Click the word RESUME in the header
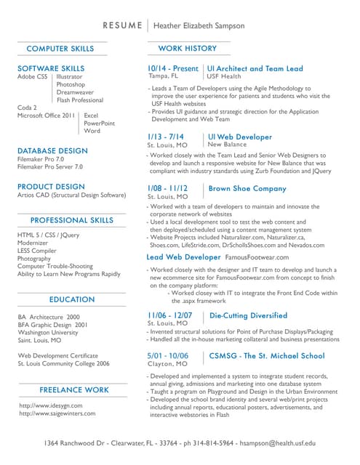tap(123, 25)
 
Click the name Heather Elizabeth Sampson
tap(198, 25)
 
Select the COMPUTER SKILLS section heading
tap(60, 49)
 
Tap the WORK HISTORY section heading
tap(187, 49)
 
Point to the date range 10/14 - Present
tap(173, 68)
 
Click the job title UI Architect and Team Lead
tap(255, 68)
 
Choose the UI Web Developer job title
tap(240, 137)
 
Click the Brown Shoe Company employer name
tap(247, 188)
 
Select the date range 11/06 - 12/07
tap(170, 315)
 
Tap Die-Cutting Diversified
tap(248, 315)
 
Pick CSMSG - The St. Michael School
tap(267, 355)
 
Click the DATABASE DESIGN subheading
tap(52, 150)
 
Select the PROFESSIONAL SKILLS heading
tap(71, 220)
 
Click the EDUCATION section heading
tap(72, 299)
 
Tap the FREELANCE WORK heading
tap(74, 389)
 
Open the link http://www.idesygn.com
tap(51, 405)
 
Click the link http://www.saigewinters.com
tap(57, 413)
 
